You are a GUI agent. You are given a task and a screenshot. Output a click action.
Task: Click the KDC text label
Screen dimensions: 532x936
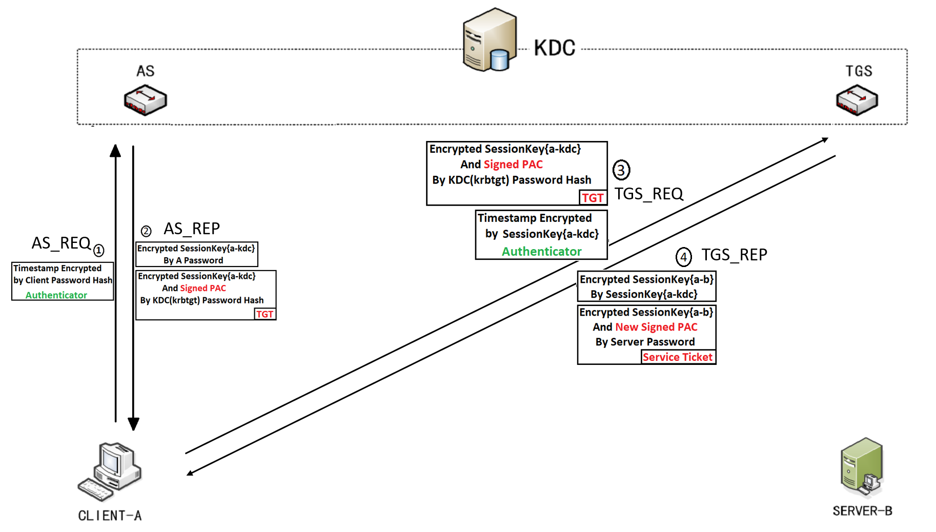click(x=555, y=48)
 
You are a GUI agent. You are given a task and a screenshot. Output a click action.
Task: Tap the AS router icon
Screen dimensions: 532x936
click(x=146, y=100)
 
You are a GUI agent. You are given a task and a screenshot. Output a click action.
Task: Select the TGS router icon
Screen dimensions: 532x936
click(x=857, y=99)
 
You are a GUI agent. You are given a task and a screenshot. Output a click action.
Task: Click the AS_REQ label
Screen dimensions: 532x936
click(x=61, y=243)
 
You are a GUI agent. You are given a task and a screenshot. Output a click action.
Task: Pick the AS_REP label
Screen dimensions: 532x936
click(x=192, y=229)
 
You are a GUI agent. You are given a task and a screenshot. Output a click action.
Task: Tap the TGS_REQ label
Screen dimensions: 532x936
click(x=648, y=194)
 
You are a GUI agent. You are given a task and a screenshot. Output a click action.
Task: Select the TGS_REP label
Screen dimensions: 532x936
click(x=734, y=255)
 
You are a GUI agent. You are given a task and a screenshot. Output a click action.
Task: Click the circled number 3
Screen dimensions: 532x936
click(x=621, y=170)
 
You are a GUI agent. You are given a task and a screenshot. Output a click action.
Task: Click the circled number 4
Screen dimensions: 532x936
click(x=683, y=256)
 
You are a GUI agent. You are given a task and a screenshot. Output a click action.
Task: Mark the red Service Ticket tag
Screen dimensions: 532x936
click(x=678, y=357)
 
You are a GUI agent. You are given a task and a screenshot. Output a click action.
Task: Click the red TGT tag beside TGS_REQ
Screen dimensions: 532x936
click(x=593, y=198)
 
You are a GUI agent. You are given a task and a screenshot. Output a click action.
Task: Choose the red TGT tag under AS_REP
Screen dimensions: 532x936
click(x=264, y=314)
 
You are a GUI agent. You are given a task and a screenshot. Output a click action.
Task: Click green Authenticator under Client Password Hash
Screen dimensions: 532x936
click(x=56, y=295)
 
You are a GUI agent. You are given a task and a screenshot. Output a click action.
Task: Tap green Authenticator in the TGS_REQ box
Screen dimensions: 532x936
click(x=541, y=252)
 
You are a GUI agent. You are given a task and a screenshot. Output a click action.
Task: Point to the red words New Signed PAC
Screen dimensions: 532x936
click(x=656, y=327)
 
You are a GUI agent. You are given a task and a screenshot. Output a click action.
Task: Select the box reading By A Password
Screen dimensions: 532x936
click(x=196, y=254)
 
